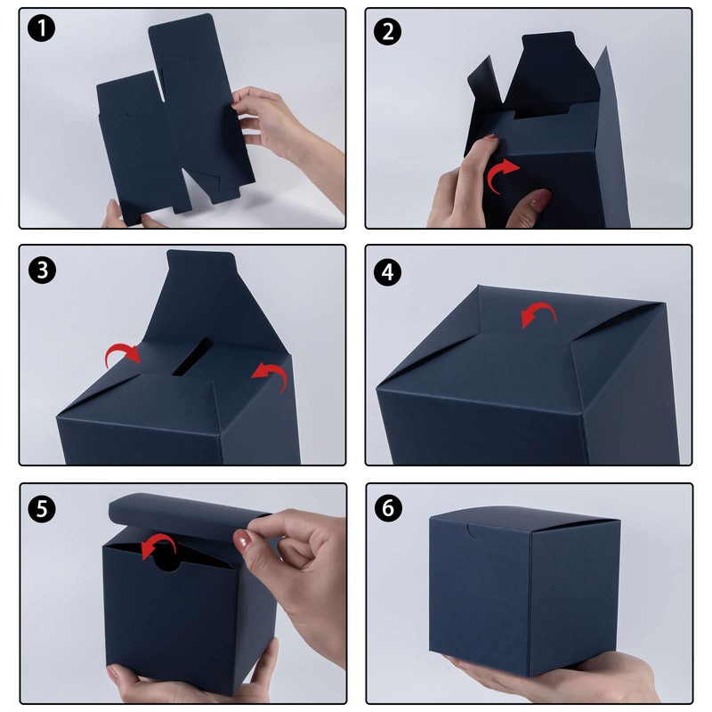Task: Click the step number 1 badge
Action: [41, 28]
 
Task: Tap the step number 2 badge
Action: [387, 32]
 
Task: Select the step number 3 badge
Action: [42, 271]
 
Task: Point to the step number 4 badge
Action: [387, 272]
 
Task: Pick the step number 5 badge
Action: [42, 508]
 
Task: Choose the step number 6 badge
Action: [388, 508]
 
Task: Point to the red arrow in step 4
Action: [540, 307]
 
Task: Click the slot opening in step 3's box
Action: [192, 357]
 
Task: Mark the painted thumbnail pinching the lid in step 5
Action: [243, 540]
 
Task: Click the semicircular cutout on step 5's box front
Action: [166, 561]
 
